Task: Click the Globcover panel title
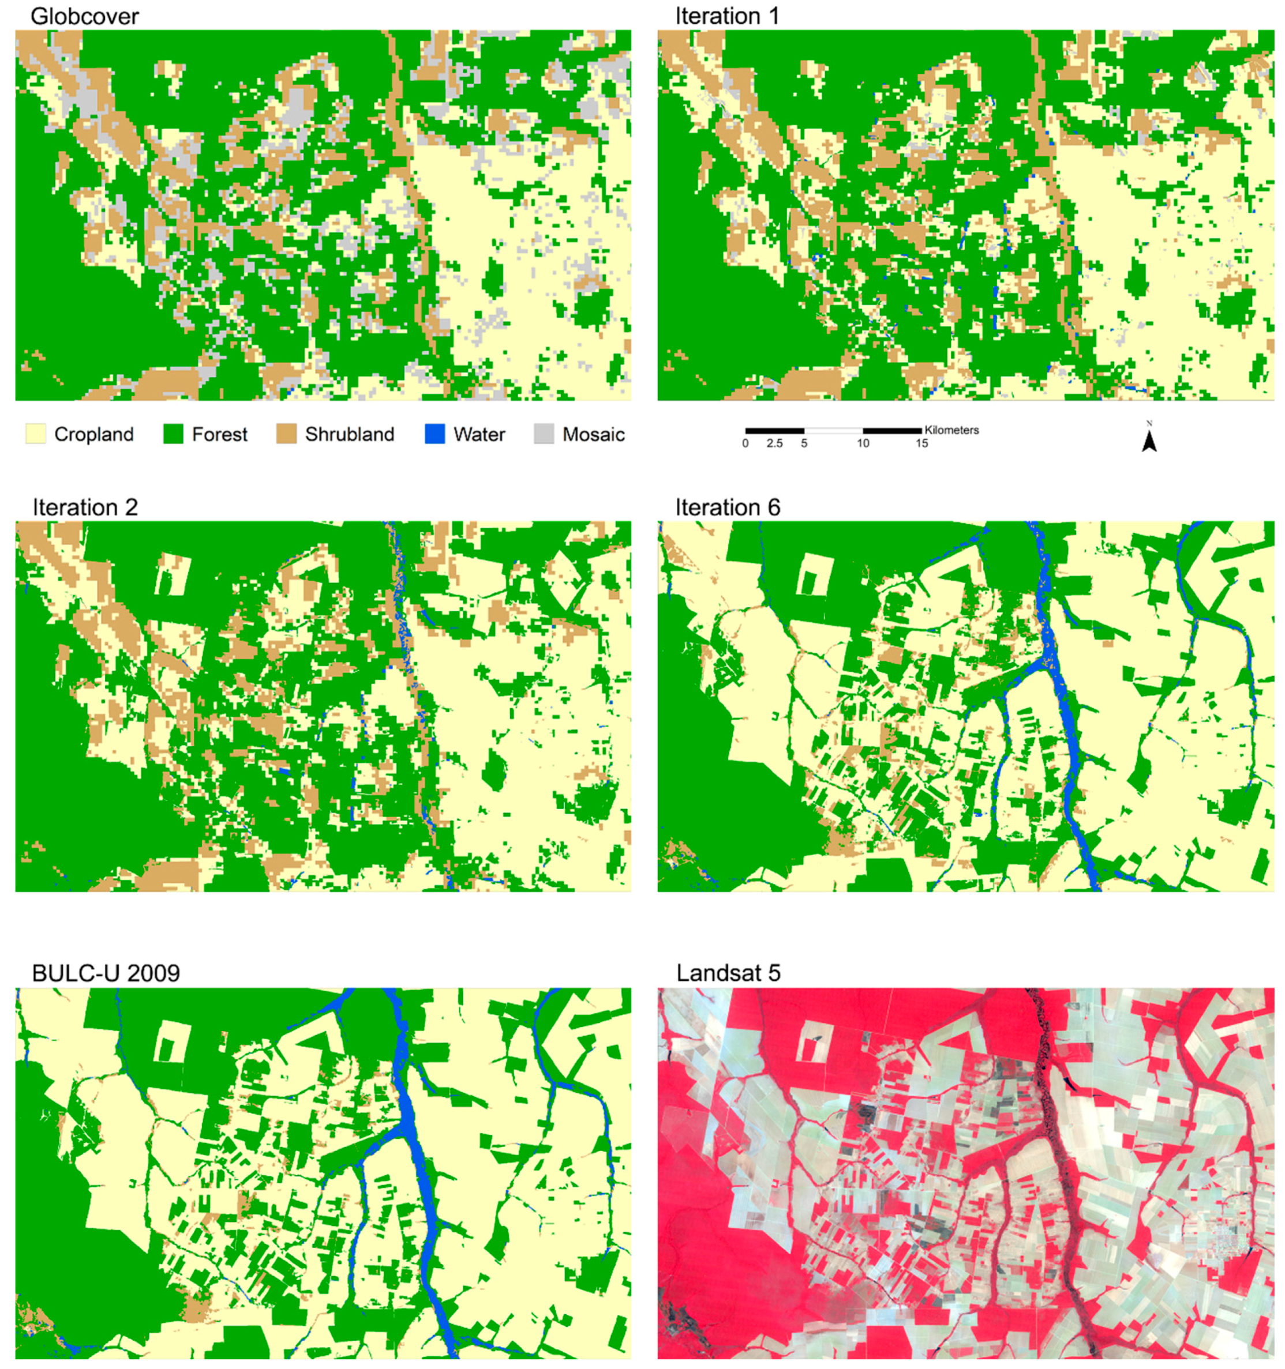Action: [x=85, y=17]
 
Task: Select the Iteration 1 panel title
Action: [x=727, y=17]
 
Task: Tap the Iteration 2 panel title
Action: [x=85, y=507]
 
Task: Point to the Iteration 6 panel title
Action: [x=728, y=507]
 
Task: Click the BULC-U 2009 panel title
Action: [x=106, y=973]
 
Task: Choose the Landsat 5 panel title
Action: [x=728, y=973]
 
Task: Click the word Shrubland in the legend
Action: [x=350, y=435]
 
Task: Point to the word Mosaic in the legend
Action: [x=593, y=435]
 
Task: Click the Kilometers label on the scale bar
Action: [x=951, y=430]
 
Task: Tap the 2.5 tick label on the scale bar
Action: [x=774, y=444]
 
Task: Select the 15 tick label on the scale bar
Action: [x=922, y=444]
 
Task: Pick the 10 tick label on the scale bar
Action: [x=863, y=444]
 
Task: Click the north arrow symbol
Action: [x=1149, y=441]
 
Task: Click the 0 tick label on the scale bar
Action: [x=745, y=444]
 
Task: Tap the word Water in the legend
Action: [x=479, y=435]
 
